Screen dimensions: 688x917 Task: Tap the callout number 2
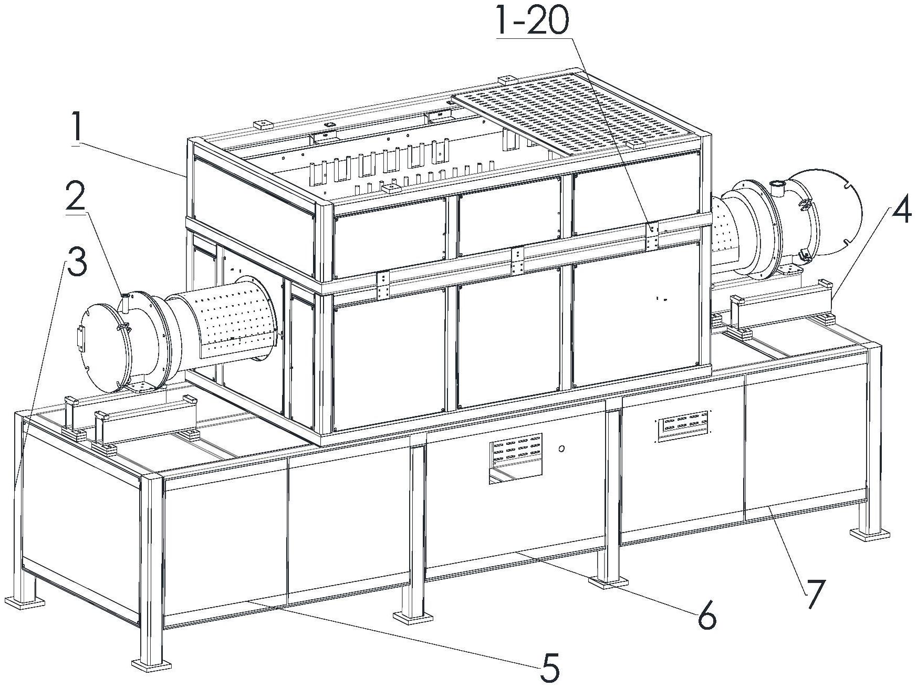(76, 197)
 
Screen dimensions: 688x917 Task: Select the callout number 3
(76, 263)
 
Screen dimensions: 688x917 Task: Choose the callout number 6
(706, 618)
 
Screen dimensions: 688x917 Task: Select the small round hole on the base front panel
(561, 449)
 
